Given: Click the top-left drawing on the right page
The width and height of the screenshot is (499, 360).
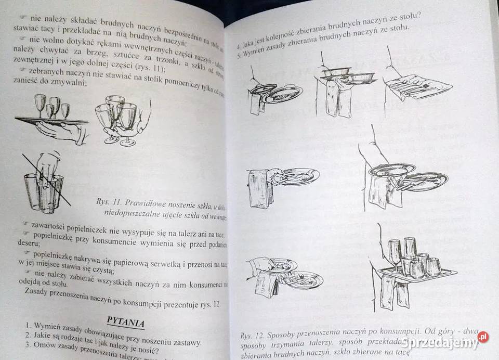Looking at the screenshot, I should [275, 94].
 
